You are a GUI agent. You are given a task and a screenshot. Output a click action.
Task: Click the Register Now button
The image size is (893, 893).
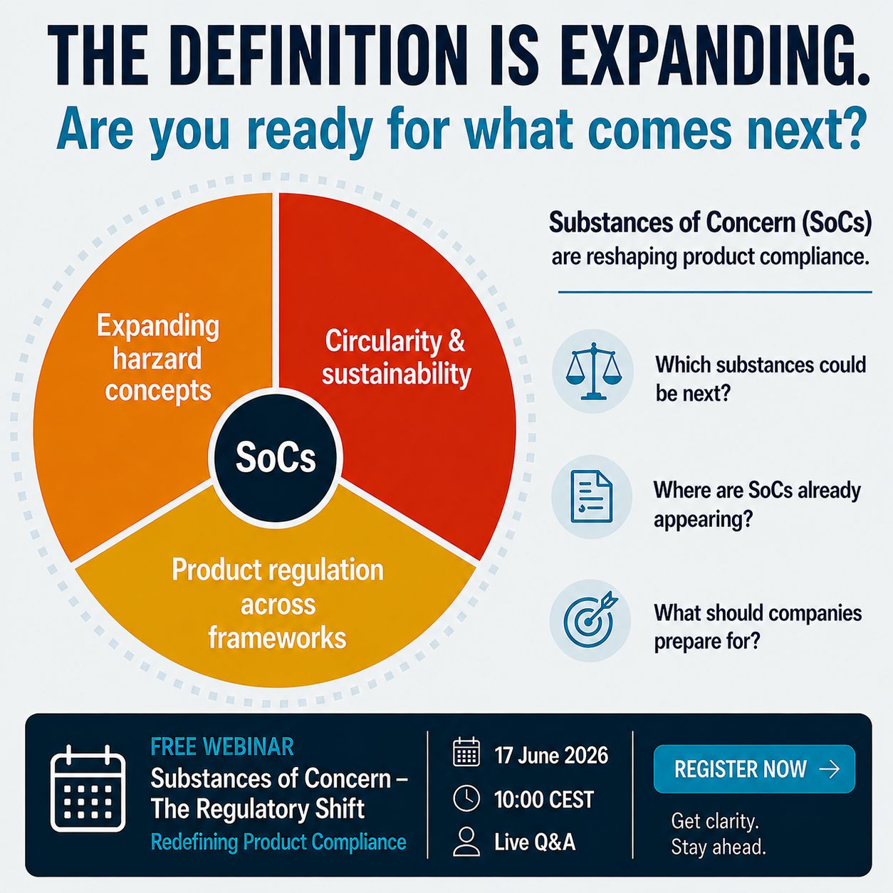pyautogui.click(x=754, y=769)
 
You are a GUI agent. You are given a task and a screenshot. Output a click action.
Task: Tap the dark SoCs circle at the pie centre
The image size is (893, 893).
pyautogui.click(x=276, y=457)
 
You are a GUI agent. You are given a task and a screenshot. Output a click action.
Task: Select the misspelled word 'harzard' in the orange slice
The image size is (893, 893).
pyautogui.click(x=157, y=359)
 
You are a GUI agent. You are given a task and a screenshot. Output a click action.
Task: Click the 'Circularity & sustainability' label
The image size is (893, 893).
pyautogui.click(x=396, y=357)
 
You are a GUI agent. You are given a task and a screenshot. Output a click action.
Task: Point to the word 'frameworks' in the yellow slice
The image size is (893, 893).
pyautogui.click(x=277, y=637)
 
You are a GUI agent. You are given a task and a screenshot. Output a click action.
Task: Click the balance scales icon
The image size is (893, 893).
pyautogui.click(x=594, y=371)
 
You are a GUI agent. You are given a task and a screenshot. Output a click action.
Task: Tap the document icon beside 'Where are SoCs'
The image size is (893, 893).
pyautogui.click(x=592, y=497)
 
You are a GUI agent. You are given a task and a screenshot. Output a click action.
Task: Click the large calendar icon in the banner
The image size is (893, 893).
pyautogui.click(x=88, y=788)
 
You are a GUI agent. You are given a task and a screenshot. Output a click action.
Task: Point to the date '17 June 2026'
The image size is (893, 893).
pyautogui.click(x=551, y=756)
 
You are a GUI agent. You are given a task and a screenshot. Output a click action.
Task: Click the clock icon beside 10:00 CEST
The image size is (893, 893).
pyautogui.click(x=466, y=799)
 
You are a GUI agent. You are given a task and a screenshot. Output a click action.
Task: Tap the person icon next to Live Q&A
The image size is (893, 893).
pyautogui.click(x=466, y=842)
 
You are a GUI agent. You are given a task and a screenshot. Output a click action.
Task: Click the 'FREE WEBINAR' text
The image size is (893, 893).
pyautogui.click(x=222, y=747)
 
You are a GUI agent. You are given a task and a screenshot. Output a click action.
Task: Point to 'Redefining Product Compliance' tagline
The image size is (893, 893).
pyautogui.click(x=278, y=842)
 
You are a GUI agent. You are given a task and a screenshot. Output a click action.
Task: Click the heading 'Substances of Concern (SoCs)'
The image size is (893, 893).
pyautogui.click(x=711, y=222)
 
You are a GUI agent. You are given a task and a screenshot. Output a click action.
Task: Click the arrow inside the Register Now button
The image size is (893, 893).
pyautogui.click(x=829, y=769)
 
